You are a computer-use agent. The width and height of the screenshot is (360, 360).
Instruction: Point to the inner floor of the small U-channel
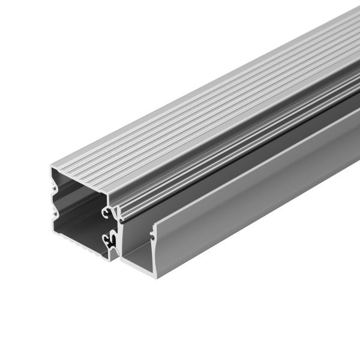(141, 252)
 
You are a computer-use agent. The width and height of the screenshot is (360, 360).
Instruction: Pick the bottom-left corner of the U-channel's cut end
(122, 263)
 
